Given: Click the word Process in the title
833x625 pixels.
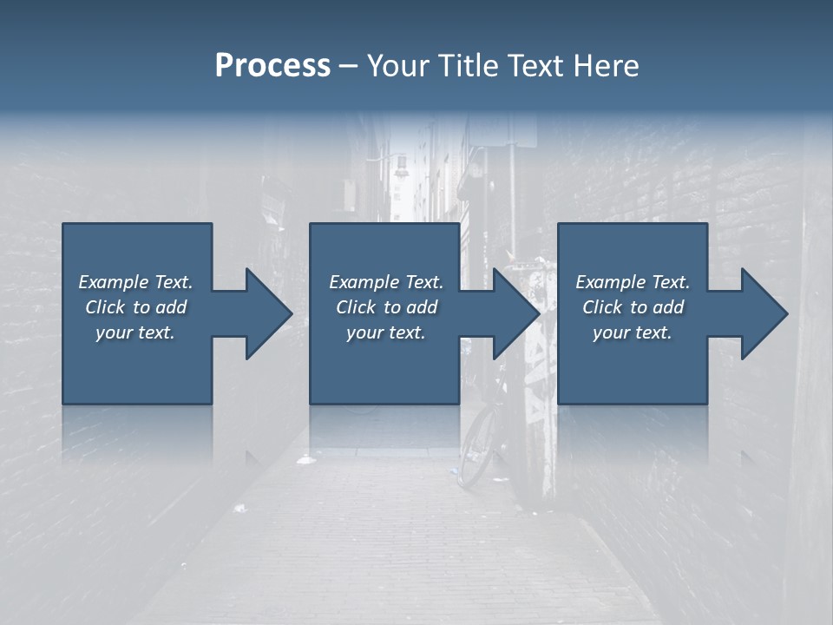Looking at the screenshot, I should pos(272,66).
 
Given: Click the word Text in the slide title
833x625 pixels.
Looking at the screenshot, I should pos(535,66).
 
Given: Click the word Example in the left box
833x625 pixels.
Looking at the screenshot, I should pos(114,282).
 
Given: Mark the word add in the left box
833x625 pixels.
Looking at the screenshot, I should pos(171,307).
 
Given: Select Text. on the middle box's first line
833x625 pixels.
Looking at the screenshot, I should pos(423,282).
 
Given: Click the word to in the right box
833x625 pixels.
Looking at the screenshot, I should pos(640,307).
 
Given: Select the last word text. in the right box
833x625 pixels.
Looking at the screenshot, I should pos(653,332).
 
